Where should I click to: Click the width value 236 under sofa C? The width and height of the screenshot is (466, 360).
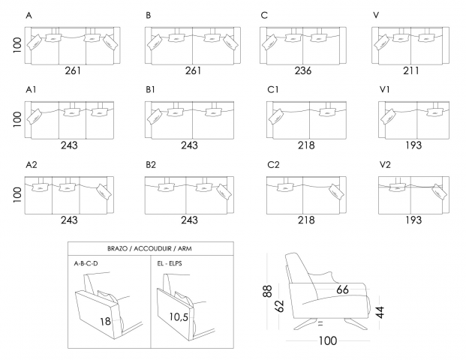303,70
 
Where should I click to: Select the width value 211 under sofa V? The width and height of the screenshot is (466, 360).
411,70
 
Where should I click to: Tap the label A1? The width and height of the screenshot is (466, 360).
31,89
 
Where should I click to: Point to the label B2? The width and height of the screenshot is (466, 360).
151,164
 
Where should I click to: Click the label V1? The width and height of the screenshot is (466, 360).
385,89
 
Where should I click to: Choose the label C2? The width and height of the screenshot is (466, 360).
273,164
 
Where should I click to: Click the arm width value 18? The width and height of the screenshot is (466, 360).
105,322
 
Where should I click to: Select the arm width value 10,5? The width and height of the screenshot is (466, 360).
179,317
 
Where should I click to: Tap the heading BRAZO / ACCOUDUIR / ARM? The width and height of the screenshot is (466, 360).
149,248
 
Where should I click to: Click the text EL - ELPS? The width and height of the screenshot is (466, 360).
170,263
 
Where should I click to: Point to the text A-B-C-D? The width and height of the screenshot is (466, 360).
86,263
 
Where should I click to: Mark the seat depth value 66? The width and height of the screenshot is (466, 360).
342,289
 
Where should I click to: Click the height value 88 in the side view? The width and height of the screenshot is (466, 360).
267,291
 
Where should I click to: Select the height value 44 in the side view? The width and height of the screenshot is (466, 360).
380,312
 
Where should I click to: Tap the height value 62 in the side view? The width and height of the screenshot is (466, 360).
279,306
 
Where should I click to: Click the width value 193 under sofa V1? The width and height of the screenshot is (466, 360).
413,145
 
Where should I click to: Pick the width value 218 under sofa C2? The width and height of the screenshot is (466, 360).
306,220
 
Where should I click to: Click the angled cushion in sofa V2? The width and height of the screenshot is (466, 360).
439,192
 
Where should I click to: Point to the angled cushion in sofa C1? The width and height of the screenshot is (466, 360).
276,117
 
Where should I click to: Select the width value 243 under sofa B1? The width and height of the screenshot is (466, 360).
189,145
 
